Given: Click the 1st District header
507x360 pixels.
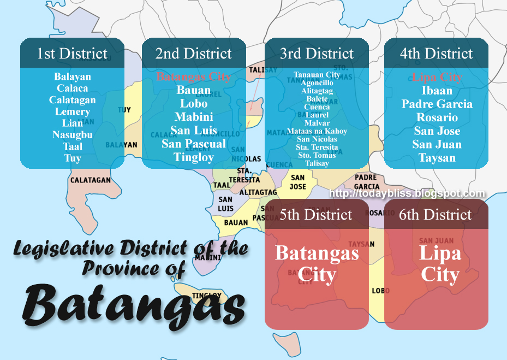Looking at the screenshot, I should pyautogui.click(x=72, y=54).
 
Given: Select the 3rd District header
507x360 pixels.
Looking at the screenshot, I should pyautogui.click(x=317, y=54).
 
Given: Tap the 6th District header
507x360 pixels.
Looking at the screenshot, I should pyautogui.click(x=435, y=215).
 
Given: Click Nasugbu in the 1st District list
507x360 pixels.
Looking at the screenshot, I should pyautogui.click(x=72, y=135).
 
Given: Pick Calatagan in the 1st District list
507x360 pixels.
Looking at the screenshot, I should pyautogui.click(x=72, y=100).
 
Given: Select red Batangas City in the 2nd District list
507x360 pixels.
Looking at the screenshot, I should pyautogui.click(x=194, y=76).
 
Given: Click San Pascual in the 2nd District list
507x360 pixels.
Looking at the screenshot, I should pyautogui.click(x=194, y=144).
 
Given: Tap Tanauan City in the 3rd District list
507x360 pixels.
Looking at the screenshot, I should pyautogui.click(x=317, y=74).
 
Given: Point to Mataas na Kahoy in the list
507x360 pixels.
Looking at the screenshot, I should pyautogui.click(x=317, y=131).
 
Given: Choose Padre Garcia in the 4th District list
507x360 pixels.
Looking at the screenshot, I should pyautogui.click(x=437, y=104).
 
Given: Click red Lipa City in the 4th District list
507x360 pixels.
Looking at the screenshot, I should pyautogui.click(x=437, y=77).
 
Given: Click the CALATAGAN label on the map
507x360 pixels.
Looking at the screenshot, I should pyautogui.click(x=91, y=180).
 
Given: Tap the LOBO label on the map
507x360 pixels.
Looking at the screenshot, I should pyautogui.click(x=380, y=291).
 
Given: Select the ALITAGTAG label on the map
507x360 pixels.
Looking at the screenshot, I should pyautogui.click(x=258, y=192).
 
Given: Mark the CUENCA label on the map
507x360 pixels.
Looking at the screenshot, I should pyautogui.click(x=279, y=164).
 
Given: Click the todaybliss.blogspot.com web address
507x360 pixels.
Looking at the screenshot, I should pyautogui.click(x=407, y=193).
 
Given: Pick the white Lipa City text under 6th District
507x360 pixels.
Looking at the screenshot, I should pyautogui.click(x=439, y=263).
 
